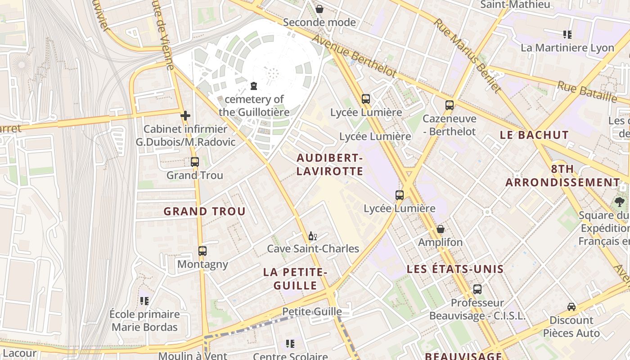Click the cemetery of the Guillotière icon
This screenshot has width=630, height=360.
click(253, 85)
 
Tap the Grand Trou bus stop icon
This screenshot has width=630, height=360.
click(194, 162)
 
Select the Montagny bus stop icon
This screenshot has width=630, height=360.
click(202, 251)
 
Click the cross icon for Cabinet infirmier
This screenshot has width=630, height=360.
click(185, 116)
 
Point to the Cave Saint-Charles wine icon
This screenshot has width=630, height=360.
click(312, 236)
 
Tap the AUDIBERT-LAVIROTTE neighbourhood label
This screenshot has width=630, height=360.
click(329, 165)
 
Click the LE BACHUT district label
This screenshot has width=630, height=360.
click(534, 135)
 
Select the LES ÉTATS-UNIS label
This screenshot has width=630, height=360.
click(455, 270)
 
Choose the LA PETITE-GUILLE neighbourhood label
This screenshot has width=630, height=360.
click(295, 279)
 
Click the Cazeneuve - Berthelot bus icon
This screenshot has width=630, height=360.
click(449, 105)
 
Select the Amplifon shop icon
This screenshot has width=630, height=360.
click(440, 229)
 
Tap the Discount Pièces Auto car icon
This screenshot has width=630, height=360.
click(571, 307)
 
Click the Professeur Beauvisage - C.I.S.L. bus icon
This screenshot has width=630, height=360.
click(477, 289)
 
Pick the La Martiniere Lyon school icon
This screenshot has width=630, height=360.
click(567, 34)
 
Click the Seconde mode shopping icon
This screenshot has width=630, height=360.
click(319, 9)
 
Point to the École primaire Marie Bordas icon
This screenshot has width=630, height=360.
click(144, 301)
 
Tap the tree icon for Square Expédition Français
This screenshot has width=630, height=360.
click(620, 202)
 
